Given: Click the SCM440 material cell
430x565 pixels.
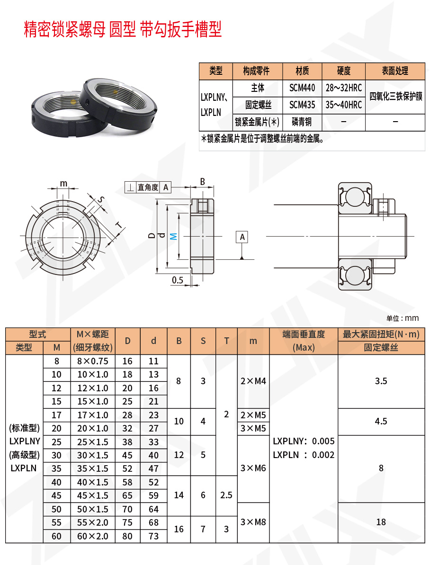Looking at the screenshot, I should click(x=302, y=88).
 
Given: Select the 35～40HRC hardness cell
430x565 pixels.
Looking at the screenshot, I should click(x=343, y=105).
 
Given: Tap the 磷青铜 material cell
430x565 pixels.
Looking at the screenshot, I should click(x=302, y=122).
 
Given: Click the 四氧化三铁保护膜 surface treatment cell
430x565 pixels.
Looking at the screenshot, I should click(x=395, y=96).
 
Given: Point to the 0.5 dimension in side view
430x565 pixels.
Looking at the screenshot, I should click(x=178, y=280).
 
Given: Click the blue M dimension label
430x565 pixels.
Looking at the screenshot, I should click(x=173, y=236).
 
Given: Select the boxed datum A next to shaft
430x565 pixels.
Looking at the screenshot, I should click(x=242, y=237).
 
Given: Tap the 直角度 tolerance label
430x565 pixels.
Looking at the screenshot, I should click(x=148, y=187).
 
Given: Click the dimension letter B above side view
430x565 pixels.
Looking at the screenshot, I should click(x=202, y=181).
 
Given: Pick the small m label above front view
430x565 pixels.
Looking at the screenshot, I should click(x=63, y=183).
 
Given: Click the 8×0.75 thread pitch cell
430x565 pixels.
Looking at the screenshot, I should click(x=93, y=361).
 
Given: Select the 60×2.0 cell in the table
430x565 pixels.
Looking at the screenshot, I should click(x=93, y=536).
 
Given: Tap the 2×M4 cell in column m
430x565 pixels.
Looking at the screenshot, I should click(x=253, y=381).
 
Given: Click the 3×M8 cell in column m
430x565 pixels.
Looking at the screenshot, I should click(x=253, y=522).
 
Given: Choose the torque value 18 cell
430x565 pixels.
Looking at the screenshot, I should click(x=381, y=522).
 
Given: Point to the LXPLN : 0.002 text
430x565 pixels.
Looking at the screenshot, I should click(x=304, y=455).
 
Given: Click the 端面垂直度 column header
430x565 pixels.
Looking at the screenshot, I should click(x=304, y=334).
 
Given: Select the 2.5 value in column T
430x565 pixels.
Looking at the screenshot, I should click(x=226, y=495).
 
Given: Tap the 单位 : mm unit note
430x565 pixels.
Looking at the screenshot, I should click(x=402, y=318).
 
